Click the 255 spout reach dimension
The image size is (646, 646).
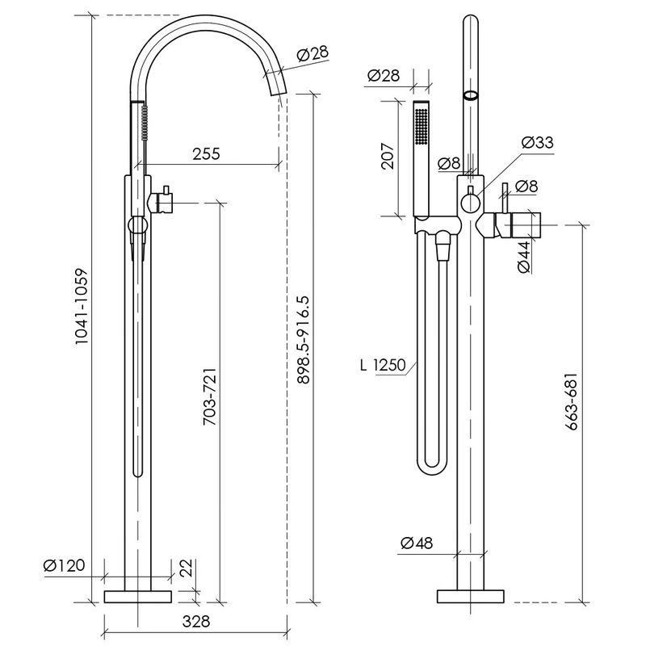[206, 153]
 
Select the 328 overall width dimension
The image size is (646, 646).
[196, 621]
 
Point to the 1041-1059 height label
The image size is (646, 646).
[82, 307]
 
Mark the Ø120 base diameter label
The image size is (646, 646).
[64, 565]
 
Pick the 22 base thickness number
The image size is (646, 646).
[187, 568]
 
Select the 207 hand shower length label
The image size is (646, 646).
[388, 156]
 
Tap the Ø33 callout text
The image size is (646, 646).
[537, 143]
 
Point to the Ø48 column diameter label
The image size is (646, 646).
[417, 543]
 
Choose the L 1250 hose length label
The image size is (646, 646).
[383, 365]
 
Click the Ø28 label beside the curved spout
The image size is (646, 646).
[313, 54]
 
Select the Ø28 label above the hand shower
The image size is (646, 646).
[383, 75]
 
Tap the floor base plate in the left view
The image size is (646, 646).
[137, 597]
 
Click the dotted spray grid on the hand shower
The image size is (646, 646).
[421, 126]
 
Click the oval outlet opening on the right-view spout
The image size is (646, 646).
[471, 95]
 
